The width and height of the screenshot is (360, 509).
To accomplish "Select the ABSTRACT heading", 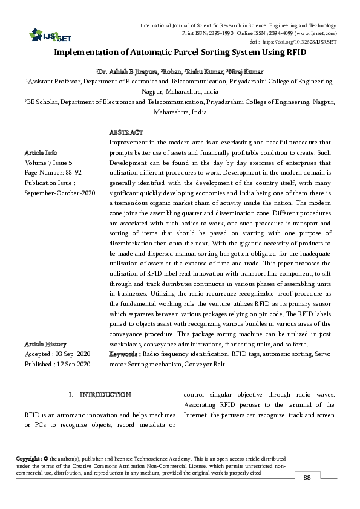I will tap(126, 132).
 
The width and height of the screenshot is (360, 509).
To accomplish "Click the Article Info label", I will tap(41, 152).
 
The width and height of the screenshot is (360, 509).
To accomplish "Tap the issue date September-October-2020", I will tap(59, 192).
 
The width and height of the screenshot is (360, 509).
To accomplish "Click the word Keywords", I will tap(124, 354).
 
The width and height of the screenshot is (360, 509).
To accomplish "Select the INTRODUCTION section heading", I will tap(105, 395).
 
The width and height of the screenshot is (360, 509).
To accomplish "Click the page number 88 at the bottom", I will tap(307, 478).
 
